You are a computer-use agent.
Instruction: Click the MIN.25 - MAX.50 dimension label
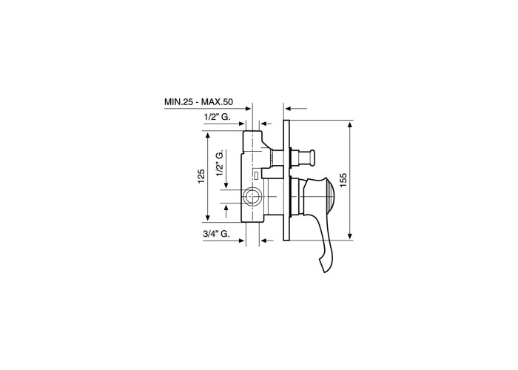pos(198,102)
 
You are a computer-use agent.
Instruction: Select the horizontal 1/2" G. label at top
pos(218,117)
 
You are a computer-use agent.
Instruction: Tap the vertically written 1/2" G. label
pos(220,163)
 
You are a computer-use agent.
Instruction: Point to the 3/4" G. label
pos(217,234)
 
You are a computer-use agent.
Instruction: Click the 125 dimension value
pos(201,176)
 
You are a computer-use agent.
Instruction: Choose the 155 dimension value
pos(343,181)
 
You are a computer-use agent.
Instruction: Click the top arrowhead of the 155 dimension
pos(350,126)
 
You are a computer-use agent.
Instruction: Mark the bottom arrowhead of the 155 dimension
pos(350,235)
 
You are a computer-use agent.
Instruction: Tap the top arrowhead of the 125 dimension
pos(208,136)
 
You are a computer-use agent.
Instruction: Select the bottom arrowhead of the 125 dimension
pos(208,217)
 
